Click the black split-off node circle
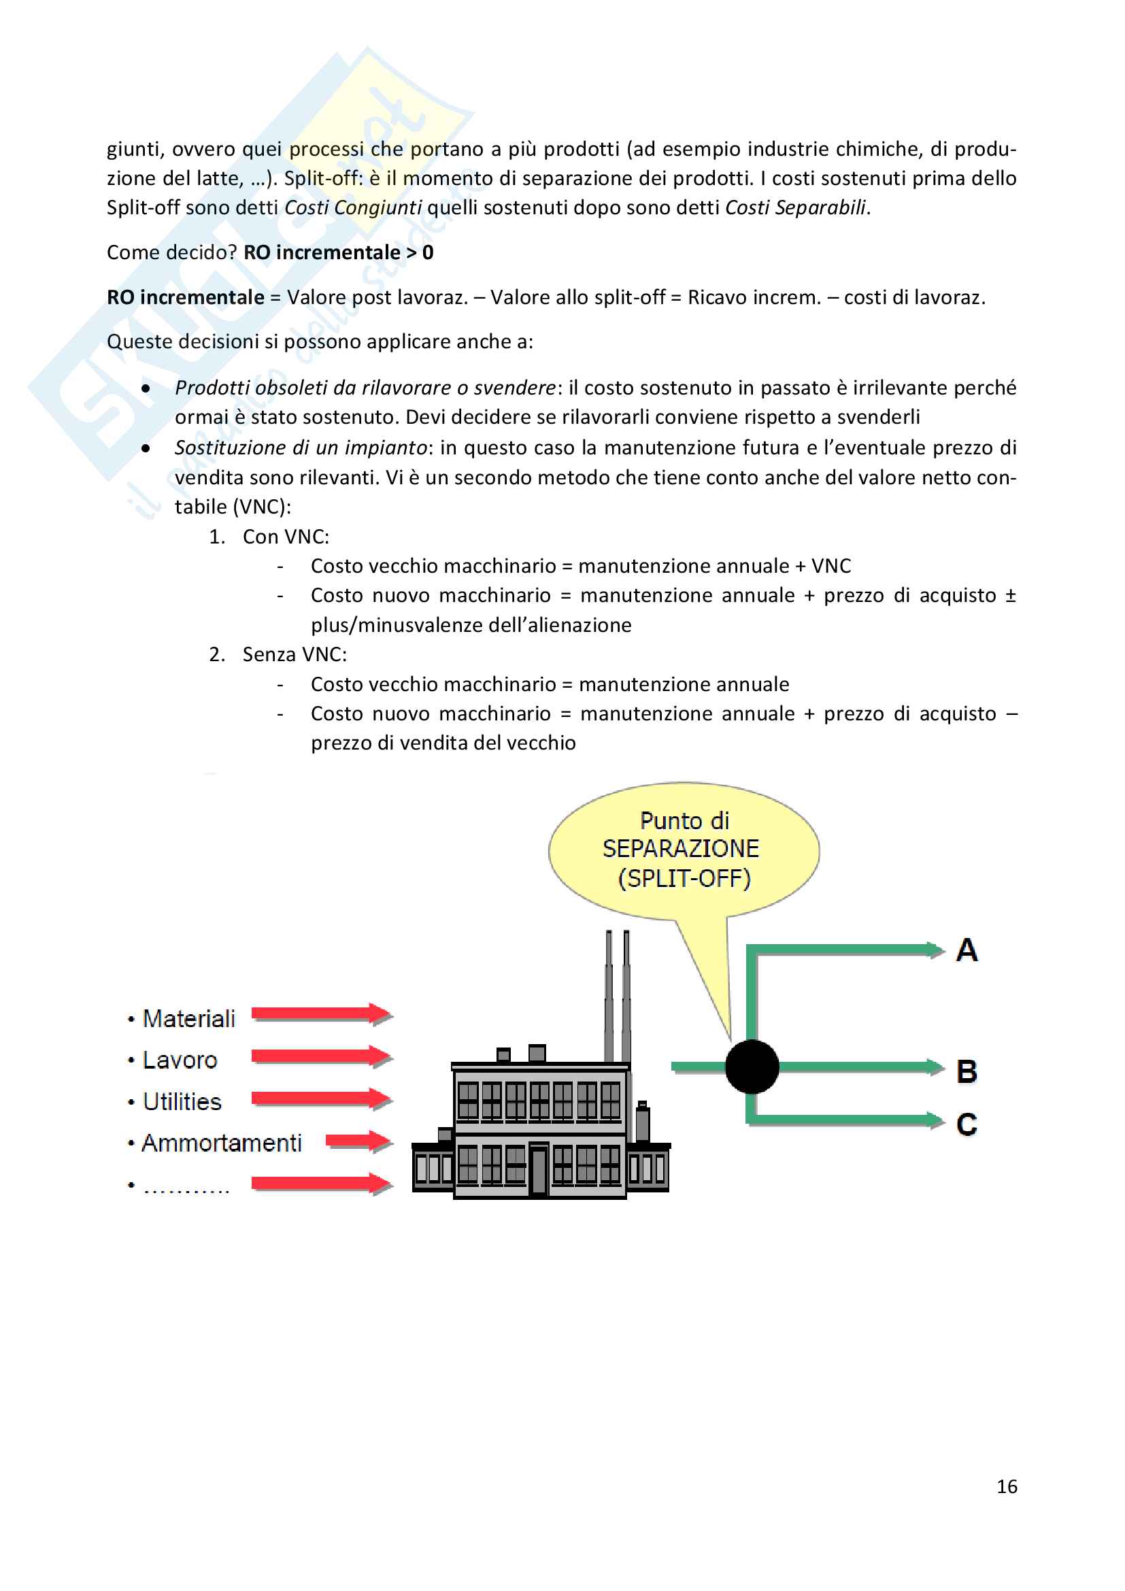(x=752, y=1067)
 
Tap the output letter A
(x=967, y=950)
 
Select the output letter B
(x=967, y=1071)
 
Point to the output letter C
(x=967, y=1124)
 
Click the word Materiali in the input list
(x=188, y=1019)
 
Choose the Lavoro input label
(x=180, y=1060)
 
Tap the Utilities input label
(x=182, y=1102)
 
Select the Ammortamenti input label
(x=222, y=1143)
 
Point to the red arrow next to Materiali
(x=322, y=1015)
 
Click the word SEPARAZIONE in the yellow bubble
(x=681, y=849)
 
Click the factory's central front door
(x=538, y=1171)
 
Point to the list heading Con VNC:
(x=286, y=537)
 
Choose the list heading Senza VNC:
(x=295, y=655)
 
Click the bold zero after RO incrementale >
(x=428, y=253)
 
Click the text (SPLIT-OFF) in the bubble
(x=684, y=879)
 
